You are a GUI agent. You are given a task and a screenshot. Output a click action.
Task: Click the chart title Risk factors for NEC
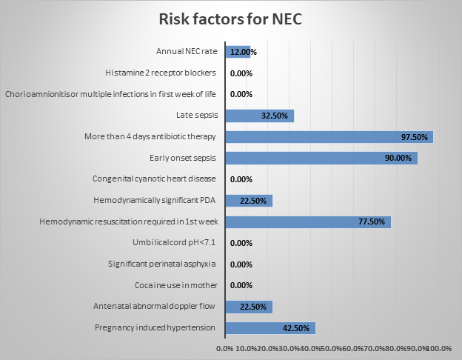click(x=230, y=20)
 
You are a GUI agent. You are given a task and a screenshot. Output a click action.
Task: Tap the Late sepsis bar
click(x=259, y=116)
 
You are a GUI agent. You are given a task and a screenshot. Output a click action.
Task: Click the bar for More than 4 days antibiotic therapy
click(x=329, y=137)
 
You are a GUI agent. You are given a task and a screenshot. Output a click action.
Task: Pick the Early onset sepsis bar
click(x=321, y=159)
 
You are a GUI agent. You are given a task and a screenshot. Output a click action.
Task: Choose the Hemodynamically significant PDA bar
click(x=249, y=201)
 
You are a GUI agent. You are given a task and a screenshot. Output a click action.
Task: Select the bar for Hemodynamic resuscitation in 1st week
click(x=307, y=222)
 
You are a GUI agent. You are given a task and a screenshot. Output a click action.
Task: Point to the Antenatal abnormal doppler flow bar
click(x=249, y=307)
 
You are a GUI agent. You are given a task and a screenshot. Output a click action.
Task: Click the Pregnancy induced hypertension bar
click(x=269, y=328)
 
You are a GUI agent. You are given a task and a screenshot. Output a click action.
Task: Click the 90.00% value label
click(x=401, y=159)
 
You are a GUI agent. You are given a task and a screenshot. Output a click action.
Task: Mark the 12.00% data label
click(x=243, y=53)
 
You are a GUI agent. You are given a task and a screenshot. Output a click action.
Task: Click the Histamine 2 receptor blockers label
click(x=161, y=73)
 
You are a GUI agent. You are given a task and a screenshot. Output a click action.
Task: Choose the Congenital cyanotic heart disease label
click(x=154, y=179)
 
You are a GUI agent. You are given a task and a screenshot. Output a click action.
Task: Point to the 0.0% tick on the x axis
click(x=224, y=347)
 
